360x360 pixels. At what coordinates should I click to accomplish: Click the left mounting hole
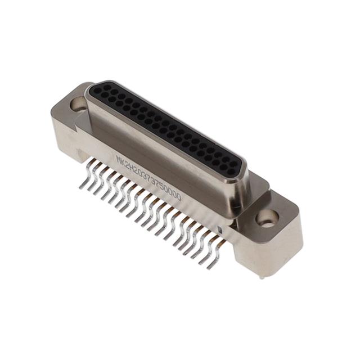(78, 103)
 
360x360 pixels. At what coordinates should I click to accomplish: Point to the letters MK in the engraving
(120, 160)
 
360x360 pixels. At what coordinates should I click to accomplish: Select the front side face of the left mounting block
(66, 135)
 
